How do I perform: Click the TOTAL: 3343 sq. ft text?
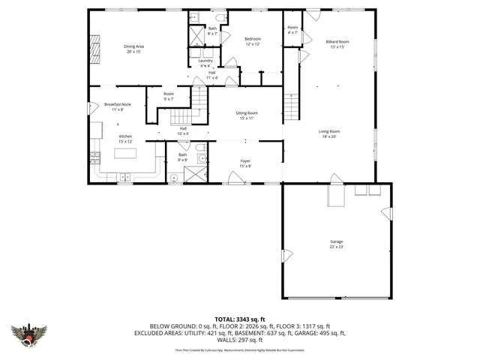(x=239, y=319)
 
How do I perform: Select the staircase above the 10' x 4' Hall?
(x=179, y=118)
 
